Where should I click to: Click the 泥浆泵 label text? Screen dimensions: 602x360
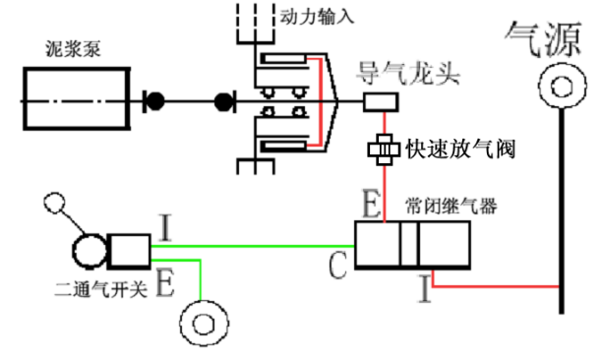pyautogui.click(x=74, y=49)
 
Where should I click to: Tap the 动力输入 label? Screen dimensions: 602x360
pyautogui.click(x=317, y=17)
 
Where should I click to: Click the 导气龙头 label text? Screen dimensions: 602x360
pyautogui.click(x=408, y=73)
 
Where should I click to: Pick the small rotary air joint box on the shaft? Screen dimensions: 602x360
pyautogui.click(x=381, y=102)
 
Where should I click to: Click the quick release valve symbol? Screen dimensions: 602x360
pyautogui.click(x=385, y=150)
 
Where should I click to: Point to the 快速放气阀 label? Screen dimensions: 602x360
pyautogui.click(x=460, y=149)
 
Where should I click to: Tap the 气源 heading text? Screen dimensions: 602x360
pyautogui.click(x=543, y=38)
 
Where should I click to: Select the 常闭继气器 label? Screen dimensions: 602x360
pyautogui.click(x=451, y=207)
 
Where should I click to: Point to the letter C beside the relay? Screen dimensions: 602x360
pyautogui.click(x=337, y=266)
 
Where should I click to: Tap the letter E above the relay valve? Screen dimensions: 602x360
pyautogui.click(x=372, y=204)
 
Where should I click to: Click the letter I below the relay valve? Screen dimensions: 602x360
pyautogui.click(x=425, y=289)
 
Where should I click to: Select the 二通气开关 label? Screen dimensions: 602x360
pyautogui.click(x=101, y=289)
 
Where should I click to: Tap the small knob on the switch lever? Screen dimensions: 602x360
pyautogui.click(x=54, y=203)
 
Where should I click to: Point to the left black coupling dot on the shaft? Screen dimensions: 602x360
pyautogui.click(x=155, y=101)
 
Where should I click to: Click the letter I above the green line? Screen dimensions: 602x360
pyautogui.click(x=165, y=227)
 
